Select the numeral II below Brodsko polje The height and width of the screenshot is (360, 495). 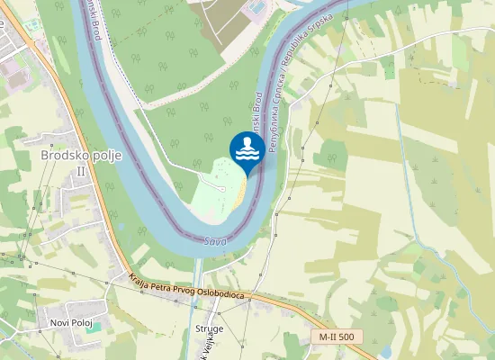point(81,169)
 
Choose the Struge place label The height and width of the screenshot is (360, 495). point(209,329)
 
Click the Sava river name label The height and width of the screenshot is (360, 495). point(213,241)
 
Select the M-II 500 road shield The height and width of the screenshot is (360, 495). point(336,337)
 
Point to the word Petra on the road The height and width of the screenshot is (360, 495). point(164,284)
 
